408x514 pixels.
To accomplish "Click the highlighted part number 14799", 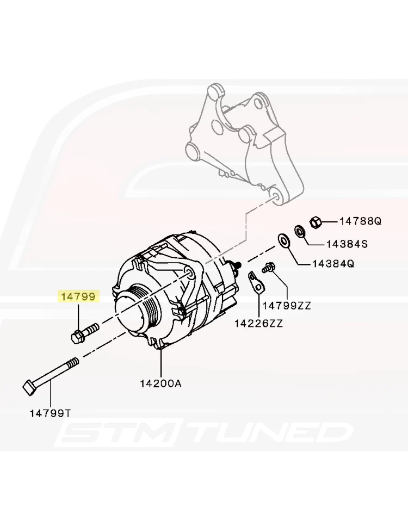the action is tap(78, 297).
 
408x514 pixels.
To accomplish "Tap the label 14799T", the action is tap(50, 413).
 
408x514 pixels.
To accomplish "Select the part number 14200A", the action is tap(160, 383).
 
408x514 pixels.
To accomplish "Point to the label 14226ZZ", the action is tap(258, 324).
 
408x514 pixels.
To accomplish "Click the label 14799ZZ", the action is tap(287, 306).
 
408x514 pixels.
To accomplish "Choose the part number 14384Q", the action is tap(333, 264).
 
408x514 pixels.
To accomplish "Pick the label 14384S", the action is tap(347, 244).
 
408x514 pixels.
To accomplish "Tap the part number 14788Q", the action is tap(361, 221).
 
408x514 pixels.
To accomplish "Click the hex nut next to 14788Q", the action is tap(316, 222).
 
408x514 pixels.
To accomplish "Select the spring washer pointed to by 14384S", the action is tap(299, 231).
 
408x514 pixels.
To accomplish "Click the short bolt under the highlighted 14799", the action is tap(84, 332).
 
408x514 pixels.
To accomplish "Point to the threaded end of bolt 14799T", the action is tap(73, 363).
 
